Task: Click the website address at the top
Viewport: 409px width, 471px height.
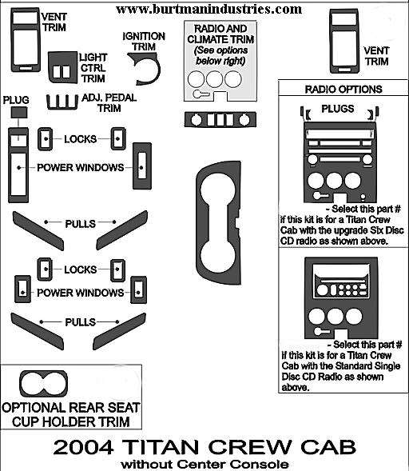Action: click(x=208, y=9)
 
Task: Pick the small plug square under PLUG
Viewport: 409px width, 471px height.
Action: click(x=19, y=113)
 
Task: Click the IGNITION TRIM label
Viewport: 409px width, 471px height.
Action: click(x=144, y=42)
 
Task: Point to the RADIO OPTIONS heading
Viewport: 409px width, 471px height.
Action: click(x=343, y=90)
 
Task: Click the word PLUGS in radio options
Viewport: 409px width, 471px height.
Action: click(x=338, y=109)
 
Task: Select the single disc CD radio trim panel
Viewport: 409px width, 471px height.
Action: click(x=341, y=297)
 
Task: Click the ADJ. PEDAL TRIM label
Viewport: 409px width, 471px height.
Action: click(x=109, y=102)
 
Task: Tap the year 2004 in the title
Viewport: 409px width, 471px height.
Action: click(x=83, y=447)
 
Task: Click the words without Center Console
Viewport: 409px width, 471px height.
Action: click(x=204, y=464)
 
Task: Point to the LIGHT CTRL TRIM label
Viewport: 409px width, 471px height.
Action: click(x=93, y=68)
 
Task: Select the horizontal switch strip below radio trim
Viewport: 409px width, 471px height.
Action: click(x=220, y=120)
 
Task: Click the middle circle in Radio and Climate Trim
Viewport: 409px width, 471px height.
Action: click(x=215, y=79)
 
